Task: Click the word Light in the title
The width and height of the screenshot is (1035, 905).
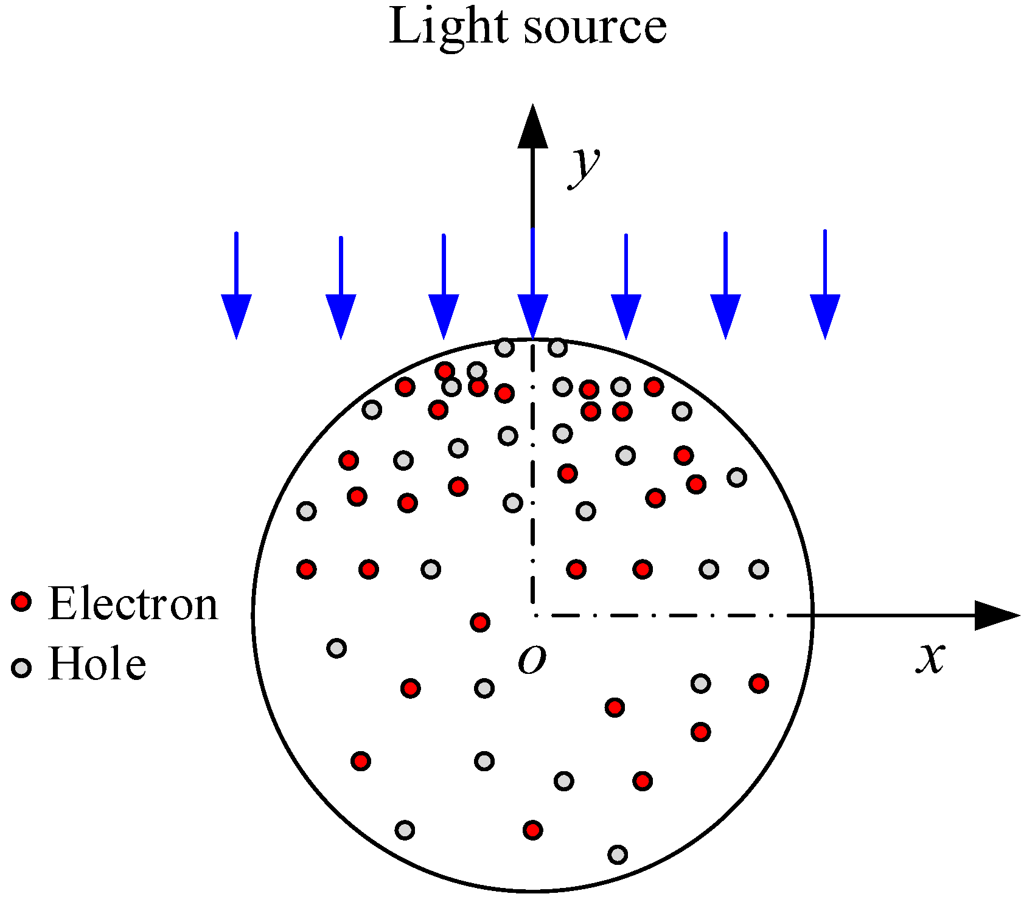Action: (x=448, y=27)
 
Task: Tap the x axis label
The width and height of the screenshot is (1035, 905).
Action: (x=930, y=658)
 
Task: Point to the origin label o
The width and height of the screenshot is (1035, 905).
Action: (x=532, y=659)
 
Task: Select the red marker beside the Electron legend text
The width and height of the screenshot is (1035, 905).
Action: (x=21, y=602)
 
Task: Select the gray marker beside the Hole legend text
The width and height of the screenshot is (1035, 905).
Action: (x=21, y=668)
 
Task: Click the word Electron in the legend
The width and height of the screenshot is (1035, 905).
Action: (x=133, y=604)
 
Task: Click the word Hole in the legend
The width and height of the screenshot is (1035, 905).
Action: (x=97, y=664)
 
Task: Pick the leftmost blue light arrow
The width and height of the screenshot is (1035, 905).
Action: (x=236, y=286)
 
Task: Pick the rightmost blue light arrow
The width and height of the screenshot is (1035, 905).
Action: (x=824, y=286)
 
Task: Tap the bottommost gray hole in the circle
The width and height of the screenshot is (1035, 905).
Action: (x=618, y=855)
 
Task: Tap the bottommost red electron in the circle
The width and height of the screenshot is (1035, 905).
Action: (x=532, y=830)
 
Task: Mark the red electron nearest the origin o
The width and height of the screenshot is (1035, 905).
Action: (x=480, y=622)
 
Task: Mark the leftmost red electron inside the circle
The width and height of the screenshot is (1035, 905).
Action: (x=307, y=569)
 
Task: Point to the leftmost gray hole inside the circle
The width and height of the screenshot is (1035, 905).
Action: (x=307, y=511)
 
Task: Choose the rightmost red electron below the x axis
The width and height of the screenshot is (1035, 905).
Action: (x=758, y=684)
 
